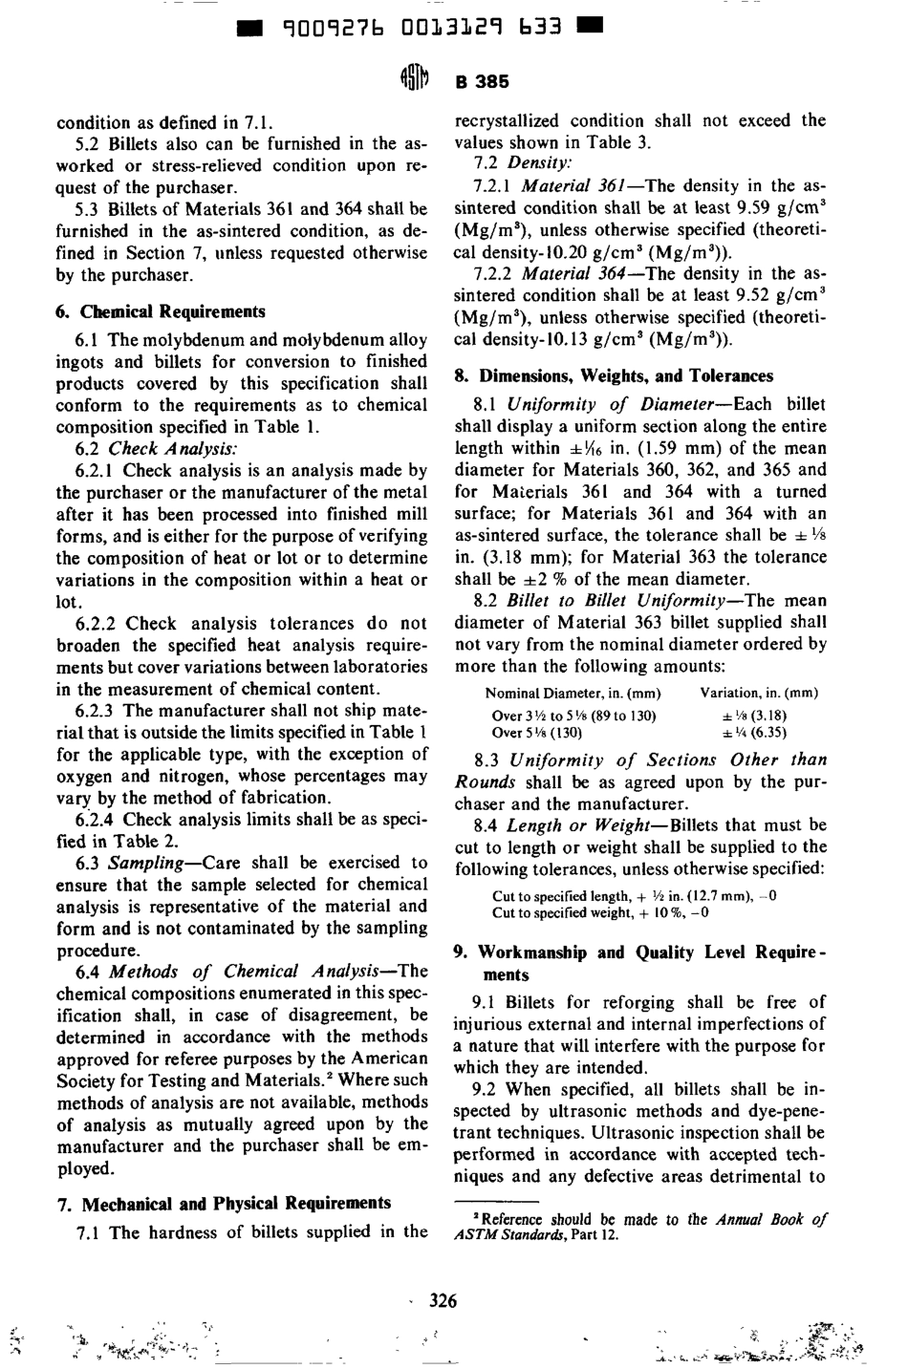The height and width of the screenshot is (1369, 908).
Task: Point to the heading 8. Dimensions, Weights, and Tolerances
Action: click(613, 375)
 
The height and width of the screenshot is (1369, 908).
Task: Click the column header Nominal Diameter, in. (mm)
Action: click(573, 693)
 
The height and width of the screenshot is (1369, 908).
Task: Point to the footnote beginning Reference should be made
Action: click(640, 1227)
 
